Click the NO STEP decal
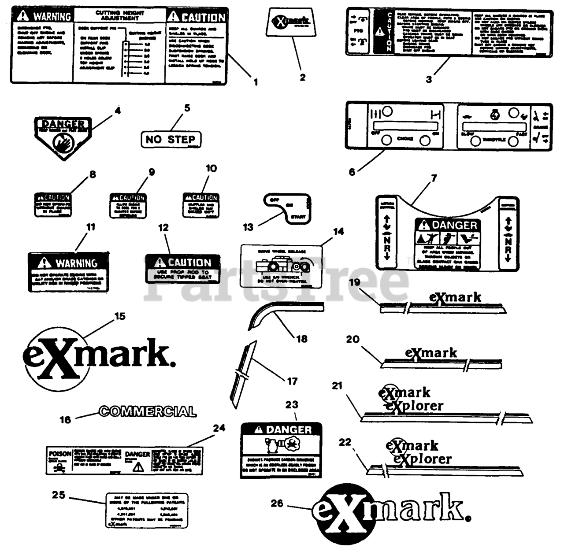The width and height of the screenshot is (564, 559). pyautogui.click(x=171, y=140)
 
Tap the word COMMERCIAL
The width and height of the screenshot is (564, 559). pyautogui.click(x=148, y=411)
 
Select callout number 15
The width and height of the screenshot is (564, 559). pyautogui.click(x=120, y=316)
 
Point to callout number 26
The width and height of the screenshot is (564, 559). pyautogui.click(x=277, y=503)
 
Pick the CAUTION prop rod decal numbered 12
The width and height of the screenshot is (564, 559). pyautogui.click(x=182, y=268)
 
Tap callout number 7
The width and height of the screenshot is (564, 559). pyautogui.click(x=434, y=178)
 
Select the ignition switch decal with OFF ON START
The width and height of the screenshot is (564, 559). pyautogui.click(x=287, y=208)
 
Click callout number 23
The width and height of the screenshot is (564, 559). pyautogui.click(x=292, y=404)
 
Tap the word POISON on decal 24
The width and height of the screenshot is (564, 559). pyautogui.click(x=59, y=454)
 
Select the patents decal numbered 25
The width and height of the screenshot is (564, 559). pyautogui.click(x=146, y=510)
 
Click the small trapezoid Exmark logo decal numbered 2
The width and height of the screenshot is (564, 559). pyautogui.click(x=292, y=22)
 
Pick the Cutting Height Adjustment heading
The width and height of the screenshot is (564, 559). pyautogui.click(x=119, y=15)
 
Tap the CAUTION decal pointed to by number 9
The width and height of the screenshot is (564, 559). pyautogui.click(x=128, y=206)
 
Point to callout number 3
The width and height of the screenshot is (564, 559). pyautogui.click(x=429, y=79)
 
